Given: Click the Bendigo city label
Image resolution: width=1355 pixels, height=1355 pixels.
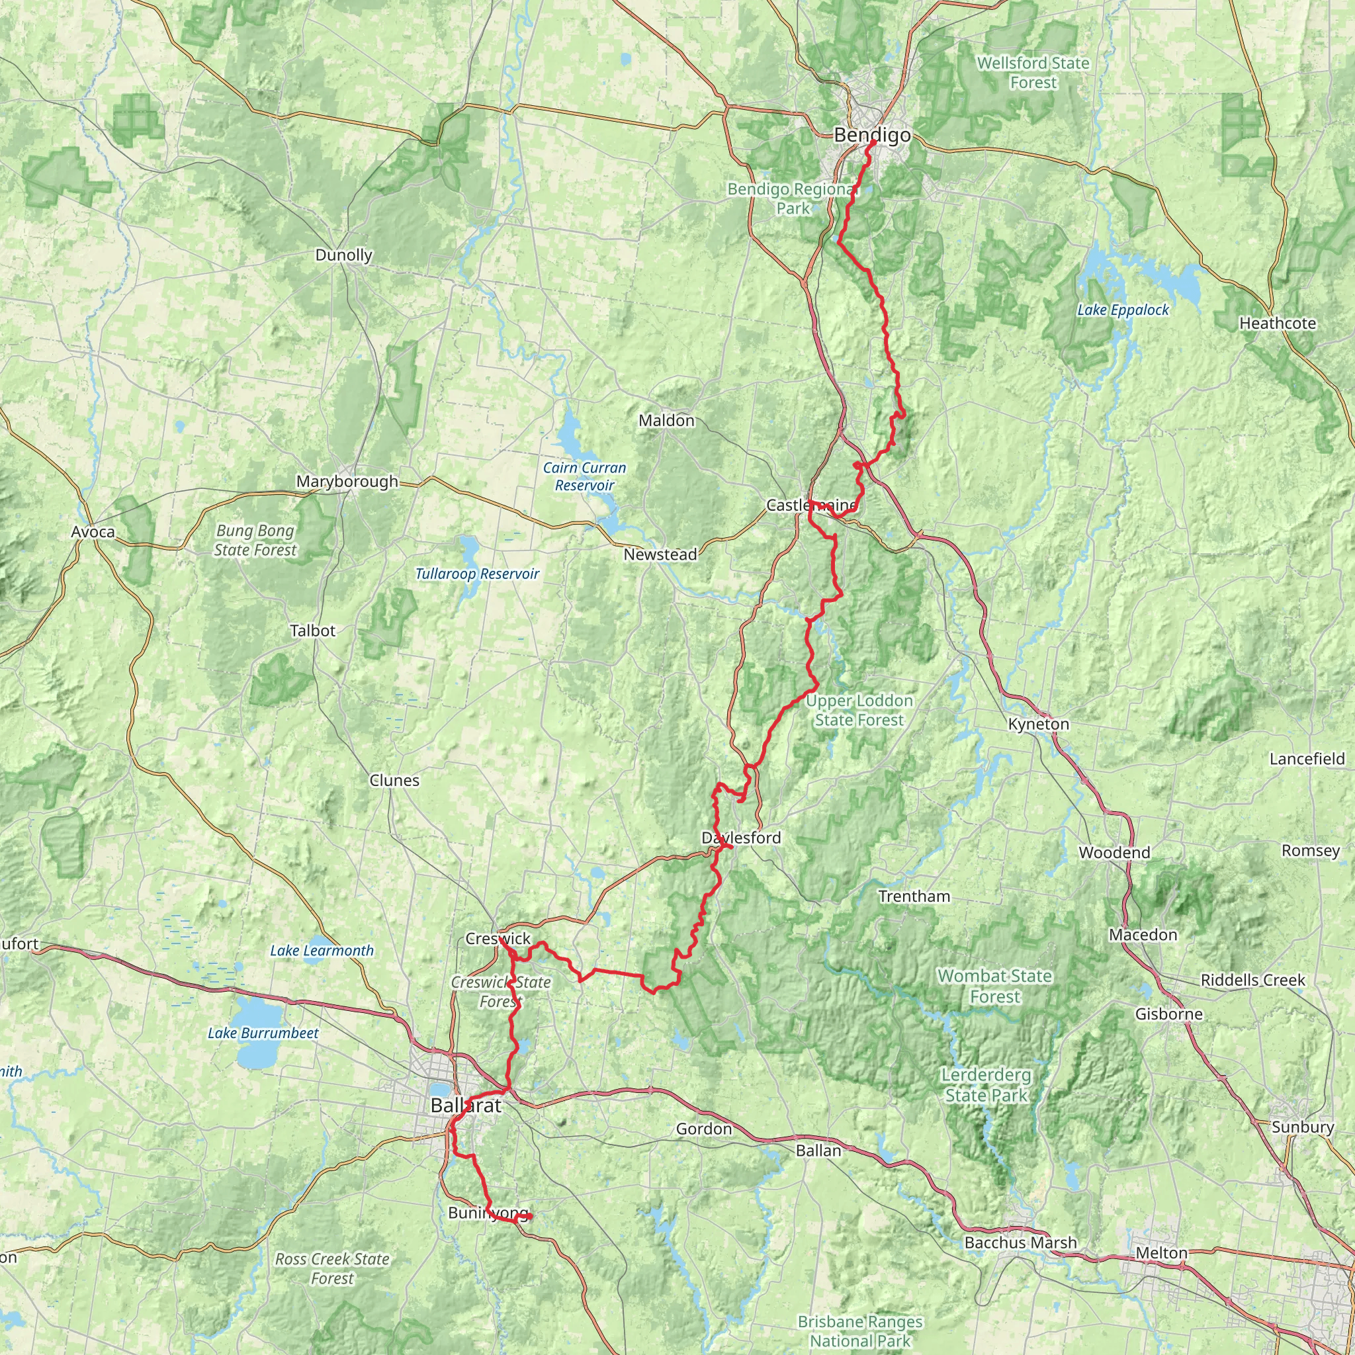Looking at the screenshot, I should coord(872,135).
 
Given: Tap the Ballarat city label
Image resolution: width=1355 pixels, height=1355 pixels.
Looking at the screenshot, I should coord(466,1106).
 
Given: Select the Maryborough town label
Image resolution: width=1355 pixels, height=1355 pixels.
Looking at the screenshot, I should coord(347,481).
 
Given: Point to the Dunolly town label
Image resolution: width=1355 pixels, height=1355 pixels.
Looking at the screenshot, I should coord(343,255).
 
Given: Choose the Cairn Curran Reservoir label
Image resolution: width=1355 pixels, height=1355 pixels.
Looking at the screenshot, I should coord(584,476).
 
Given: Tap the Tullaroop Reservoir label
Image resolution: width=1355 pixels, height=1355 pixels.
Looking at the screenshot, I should coord(477,574).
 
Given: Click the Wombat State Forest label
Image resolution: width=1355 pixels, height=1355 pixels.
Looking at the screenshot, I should coord(994,985).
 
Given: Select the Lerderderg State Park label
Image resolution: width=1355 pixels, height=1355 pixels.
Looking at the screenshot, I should coord(986,1085).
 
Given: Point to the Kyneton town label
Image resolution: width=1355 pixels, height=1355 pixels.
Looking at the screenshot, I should coord(1038,724).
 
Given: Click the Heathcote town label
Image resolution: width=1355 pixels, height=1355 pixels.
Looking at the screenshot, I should coord(1277,324).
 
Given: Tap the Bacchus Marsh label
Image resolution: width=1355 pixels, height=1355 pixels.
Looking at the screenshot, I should coord(1020,1242).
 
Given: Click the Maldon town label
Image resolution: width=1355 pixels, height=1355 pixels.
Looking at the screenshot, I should coord(666,420).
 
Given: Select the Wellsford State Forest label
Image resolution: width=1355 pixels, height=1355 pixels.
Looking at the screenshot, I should coord(1033,72).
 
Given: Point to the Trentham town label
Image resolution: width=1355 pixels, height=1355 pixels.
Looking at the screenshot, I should coord(914,896).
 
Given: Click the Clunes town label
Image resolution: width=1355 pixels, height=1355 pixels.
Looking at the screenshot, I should coord(394,780).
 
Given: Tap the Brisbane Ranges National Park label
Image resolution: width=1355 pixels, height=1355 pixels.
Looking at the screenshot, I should coord(860,1331).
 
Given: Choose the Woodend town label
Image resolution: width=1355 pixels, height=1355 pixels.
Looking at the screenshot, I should coord(1114,852).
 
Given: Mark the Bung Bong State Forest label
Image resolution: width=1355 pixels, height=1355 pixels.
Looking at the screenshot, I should coord(255,540).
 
